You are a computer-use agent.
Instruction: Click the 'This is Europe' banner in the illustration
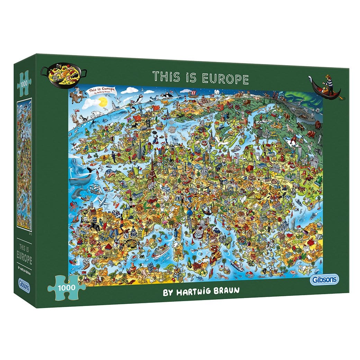[x=103, y=91]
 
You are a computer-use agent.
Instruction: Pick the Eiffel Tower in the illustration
[x=152, y=173]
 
